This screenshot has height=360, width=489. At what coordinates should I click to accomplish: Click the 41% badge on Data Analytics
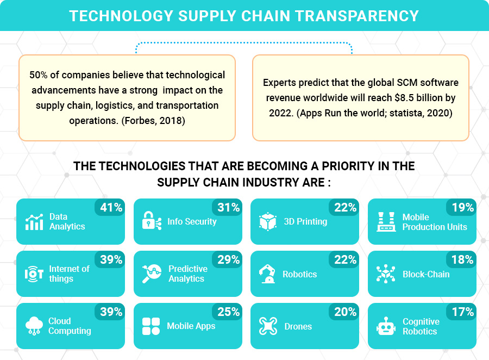pyautogui.click(x=111, y=207)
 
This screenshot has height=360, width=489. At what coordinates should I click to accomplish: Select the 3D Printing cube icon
pyautogui.click(x=268, y=221)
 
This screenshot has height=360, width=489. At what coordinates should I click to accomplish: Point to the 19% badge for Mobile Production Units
pyautogui.click(x=462, y=207)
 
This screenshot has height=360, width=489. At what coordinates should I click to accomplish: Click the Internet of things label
pyautogui.click(x=69, y=274)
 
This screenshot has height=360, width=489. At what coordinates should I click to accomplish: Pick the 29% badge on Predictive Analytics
pyautogui.click(x=228, y=259)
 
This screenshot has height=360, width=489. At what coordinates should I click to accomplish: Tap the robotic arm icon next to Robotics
pyautogui.click(x=267, y=274)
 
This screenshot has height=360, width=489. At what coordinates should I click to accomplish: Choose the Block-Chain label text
pyautogui.click(x=426, y=274)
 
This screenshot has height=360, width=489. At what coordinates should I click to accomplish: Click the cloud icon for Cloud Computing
pyautogui.click(x=34, y=326)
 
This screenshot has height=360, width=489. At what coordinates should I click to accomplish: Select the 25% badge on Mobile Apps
pyautogui.click(x=228, y=312)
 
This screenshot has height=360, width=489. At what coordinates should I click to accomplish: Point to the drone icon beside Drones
pyautogui.click(x=268, y=326)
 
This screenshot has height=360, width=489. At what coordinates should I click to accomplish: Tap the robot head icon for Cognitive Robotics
pyautogui.click(x=385, y=326)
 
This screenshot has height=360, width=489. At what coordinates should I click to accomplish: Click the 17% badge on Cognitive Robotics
pyautogui.click(x=462, y=312)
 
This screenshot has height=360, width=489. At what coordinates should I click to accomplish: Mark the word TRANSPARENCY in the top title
pyautogui.click(x=361, y=15)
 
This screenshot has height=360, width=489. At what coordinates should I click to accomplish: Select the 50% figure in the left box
pyautogui.click(x=39, y=75)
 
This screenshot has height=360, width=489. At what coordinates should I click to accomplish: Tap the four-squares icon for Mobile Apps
pyautogui.click(x=151, y=326)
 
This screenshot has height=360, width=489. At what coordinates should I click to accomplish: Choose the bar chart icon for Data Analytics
pyautogui.click(x=34, y=221)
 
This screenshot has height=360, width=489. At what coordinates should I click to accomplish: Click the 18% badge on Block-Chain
pyautogui.click(x=462, y=259)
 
